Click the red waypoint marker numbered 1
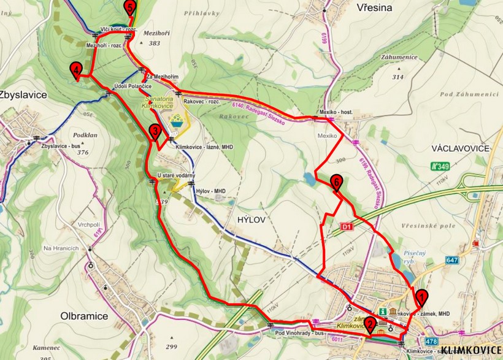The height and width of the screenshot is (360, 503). click(x=421, y=297)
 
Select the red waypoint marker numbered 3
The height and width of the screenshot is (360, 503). click(x=155, y=131)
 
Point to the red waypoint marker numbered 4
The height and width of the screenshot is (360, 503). click(x=75, y=69)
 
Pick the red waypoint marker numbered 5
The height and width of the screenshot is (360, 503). click(x=129, y=7)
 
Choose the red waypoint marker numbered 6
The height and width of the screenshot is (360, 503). click(x=336, y=182)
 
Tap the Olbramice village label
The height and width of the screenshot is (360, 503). click(x=85, y=316)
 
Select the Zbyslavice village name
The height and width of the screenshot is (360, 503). click(x=24, y=96)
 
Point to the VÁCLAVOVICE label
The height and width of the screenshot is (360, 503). click(x=460, y=148)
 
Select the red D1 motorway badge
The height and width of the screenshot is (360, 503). click(x=347, y=228)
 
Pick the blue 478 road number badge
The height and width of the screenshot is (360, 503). click(x=431, y=341)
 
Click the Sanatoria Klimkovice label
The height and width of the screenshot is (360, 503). click(x=156, y=102)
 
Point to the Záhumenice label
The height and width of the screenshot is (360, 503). click(x=399, y=57)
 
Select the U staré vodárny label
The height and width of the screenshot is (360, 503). click(x=176, y=176)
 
